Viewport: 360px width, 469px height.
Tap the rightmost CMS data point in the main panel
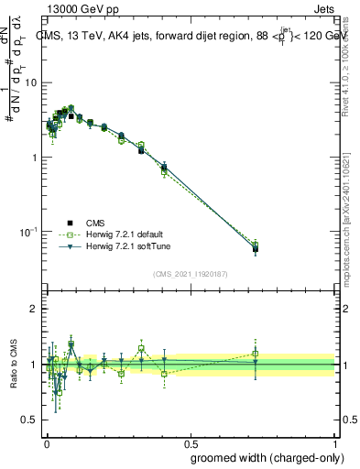(256, 248)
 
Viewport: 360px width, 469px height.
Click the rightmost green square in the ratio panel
(256, 354)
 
